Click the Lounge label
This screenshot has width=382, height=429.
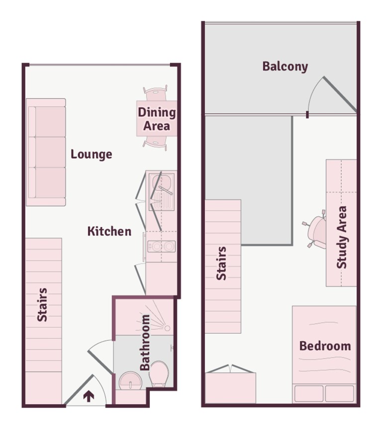91,154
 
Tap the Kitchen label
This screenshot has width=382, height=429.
109,231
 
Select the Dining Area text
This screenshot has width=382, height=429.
157,119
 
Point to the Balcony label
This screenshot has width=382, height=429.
285,66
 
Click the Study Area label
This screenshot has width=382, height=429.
342,237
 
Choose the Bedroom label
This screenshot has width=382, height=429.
325,346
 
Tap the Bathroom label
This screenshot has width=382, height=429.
145,343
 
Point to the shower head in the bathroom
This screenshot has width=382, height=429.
167,328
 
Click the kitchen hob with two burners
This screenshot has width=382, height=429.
162,246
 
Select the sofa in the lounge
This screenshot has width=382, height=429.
46,152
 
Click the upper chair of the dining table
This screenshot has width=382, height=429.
155,93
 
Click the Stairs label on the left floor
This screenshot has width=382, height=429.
43,304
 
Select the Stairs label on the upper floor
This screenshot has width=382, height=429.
222,263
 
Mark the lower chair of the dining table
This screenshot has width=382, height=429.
155,143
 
